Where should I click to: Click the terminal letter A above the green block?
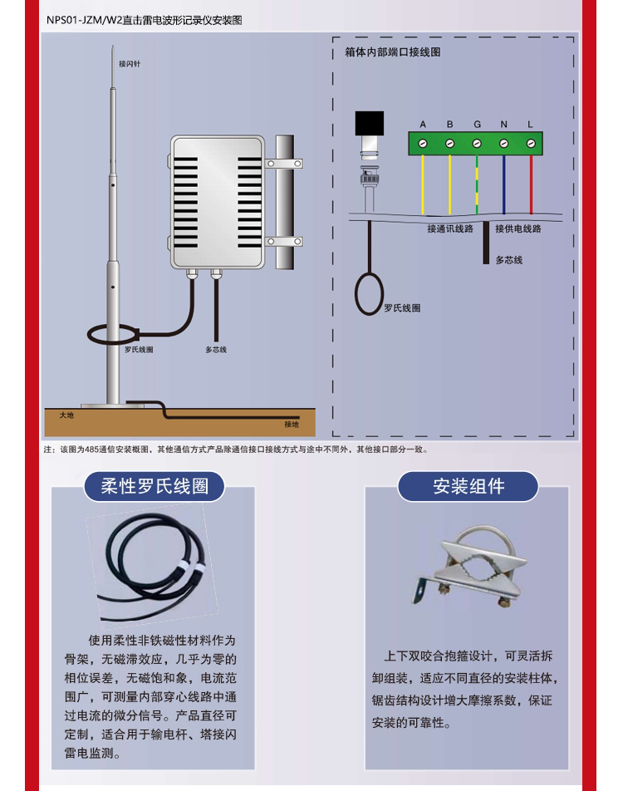[x=423, y=124]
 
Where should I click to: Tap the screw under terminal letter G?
[x=477, y=144]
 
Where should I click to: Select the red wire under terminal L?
[x=531, y=184]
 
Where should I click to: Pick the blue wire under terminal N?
[x=503, y=184]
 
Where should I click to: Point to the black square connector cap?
[x=370, y=123]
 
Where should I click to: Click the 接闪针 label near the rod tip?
[x=130, y=64]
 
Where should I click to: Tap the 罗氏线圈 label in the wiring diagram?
[x=402, y=307]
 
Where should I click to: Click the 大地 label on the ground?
[x=66, y=415]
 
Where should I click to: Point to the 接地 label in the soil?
[x=291, y=425]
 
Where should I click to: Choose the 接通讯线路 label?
[x=450, y=229]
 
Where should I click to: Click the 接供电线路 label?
[x=518, y=229]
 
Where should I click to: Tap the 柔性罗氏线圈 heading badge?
[x=155, y=486]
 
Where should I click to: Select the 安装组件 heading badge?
[x=468, y=486]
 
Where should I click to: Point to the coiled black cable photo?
[x=152, y=567]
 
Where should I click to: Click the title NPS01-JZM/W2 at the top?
[x=85, y=20]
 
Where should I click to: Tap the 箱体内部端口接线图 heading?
[x=392, y=52]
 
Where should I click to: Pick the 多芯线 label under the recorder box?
[x=216, y=350]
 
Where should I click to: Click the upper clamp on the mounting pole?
[x=284, y=164]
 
